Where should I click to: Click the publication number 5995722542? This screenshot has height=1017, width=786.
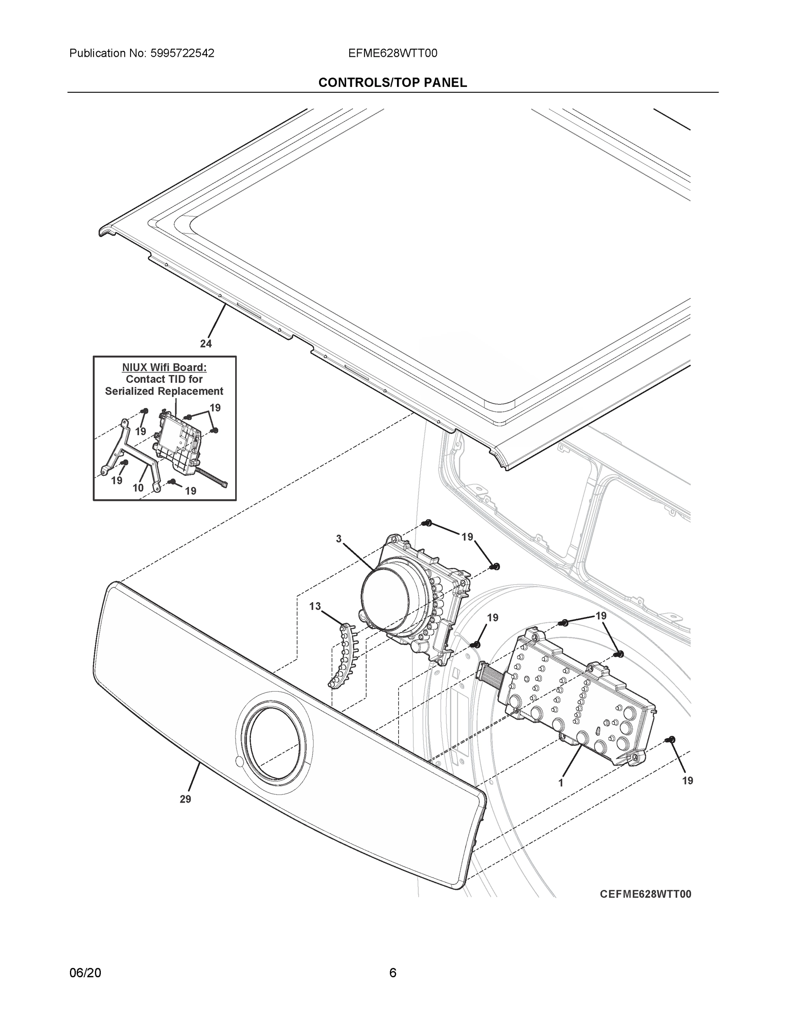tap(182, 53)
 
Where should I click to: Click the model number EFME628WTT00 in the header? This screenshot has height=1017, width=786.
tap(392, 53)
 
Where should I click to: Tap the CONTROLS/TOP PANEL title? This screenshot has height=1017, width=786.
tap(392, 83)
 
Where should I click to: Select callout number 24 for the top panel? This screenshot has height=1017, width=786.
tap(206, 344)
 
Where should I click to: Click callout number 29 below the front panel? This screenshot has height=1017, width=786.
tap(185, 799)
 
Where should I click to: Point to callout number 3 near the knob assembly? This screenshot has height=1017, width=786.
tap(339, 539)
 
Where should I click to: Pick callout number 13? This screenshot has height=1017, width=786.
tap(315, 606)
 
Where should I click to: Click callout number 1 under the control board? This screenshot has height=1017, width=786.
tap(561, 783)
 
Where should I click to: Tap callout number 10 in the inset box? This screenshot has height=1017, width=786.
tap(138, 488)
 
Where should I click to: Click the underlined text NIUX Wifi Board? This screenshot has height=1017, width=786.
tap(164, 367)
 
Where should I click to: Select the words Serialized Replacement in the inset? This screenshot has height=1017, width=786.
tap(164, 391)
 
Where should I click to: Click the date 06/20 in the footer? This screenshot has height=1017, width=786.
tap(85, 973)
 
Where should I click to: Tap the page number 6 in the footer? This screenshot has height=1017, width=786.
tap(392, 973)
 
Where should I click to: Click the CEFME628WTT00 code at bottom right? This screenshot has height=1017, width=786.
tap(645, 894)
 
